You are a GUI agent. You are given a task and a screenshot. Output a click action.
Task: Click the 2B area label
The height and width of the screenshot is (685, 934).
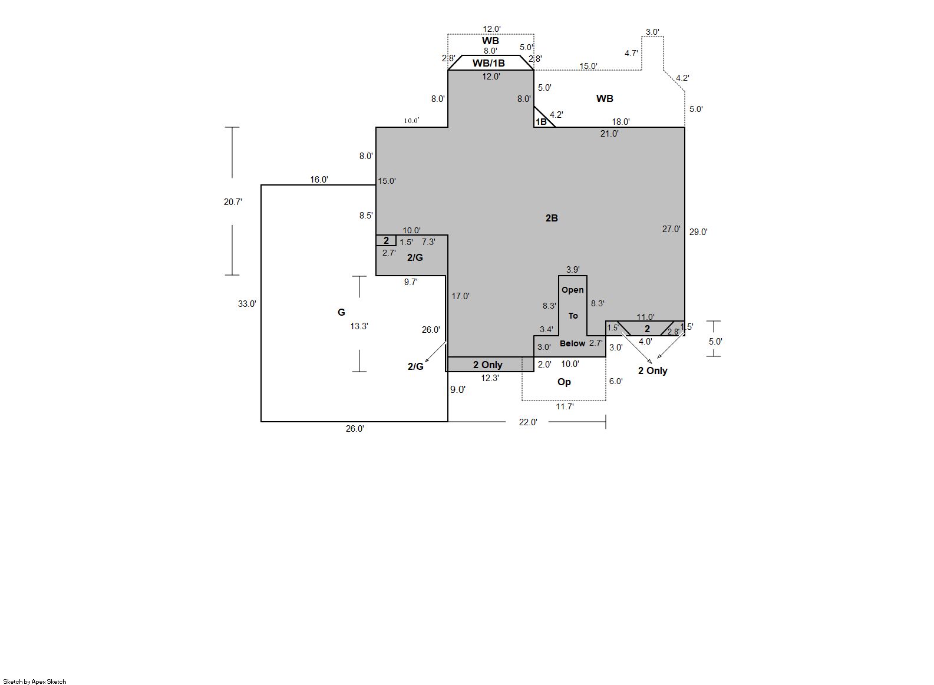pyautogui.click(x=551, y=218)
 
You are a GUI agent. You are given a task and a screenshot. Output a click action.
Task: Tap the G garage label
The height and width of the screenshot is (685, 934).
pyautogui.click(x=341, y=312)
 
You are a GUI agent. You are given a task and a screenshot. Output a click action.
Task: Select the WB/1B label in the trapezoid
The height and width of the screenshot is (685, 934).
pyautogui.click(x=489, y=63)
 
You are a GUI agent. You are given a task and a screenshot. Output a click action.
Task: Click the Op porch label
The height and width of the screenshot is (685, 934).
pyautogui.click(x=564, y=382)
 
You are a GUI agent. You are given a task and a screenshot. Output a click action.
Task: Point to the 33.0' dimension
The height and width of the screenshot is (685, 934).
pyautogui.click(x=247, y=304)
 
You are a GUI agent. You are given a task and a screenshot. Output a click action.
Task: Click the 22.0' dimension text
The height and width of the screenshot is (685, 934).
pyautogui.click(x=528, y=422)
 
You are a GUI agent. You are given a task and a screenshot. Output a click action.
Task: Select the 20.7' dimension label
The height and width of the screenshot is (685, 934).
pyautogui.click(x=233, y=201)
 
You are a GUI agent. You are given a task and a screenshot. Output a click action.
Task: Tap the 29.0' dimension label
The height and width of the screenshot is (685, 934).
pyautogui.click(x=698, y=231)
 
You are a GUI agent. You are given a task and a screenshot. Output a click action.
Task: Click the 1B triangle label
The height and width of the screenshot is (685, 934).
pyautogui.click(x=541, y=122)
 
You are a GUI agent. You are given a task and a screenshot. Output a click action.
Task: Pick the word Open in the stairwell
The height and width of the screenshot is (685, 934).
pyautogui.click(x=573, y=290)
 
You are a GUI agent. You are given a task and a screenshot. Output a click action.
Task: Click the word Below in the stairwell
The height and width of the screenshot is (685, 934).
pyautogui.click(x=572, y=343)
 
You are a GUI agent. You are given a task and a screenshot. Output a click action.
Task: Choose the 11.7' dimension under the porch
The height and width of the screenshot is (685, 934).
pyautogui.click(x=565, y=406)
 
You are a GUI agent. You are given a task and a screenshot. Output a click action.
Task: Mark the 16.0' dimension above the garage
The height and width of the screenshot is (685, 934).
pyautogui.click(x=319, y=180)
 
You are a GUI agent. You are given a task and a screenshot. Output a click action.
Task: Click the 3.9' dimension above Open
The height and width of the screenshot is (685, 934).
pyautogui.click(x=573, y=270)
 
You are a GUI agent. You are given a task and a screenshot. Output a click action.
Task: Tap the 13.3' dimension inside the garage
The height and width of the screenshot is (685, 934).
pyautogui.click(x=359, y=326)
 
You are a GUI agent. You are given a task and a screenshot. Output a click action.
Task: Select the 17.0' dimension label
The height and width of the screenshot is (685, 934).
pyautogui.click(x=460, y=296)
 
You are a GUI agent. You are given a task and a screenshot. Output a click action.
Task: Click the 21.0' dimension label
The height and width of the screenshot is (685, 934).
pyautogui.click(x=609, y=134)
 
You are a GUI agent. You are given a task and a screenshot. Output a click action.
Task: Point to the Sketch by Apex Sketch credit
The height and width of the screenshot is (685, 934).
pyautogui.click(x=35, y=681)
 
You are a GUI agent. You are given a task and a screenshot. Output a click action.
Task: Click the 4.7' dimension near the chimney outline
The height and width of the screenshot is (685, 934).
pyautogui.click(x=631, y=54)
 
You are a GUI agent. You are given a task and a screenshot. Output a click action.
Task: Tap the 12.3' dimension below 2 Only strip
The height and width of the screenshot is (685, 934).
pyautogui.click(x=490, y=378)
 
